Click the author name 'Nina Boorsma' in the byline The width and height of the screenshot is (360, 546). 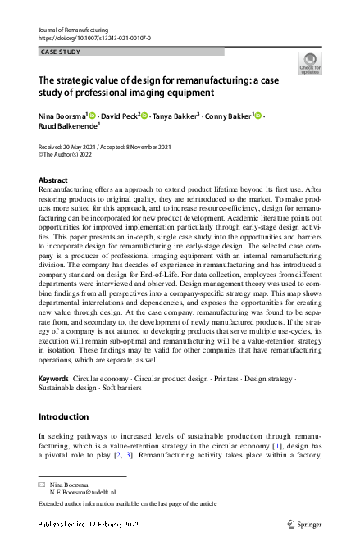tap(62, 116)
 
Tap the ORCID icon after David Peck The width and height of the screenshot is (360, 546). tap(144, 116)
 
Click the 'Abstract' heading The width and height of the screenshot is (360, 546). tap(53, 180)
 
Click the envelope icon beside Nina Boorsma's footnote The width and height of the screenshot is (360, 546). tap(43, 485)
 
